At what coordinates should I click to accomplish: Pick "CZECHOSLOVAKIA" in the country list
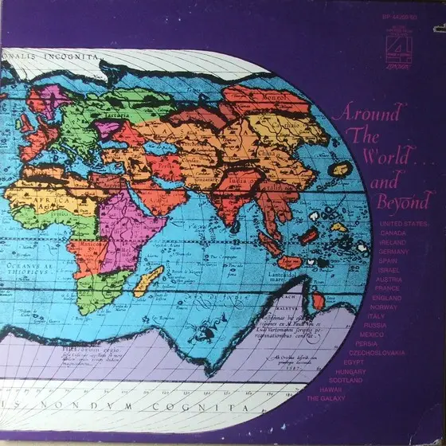(377, 352)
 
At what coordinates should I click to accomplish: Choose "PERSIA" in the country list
(367, 342)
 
